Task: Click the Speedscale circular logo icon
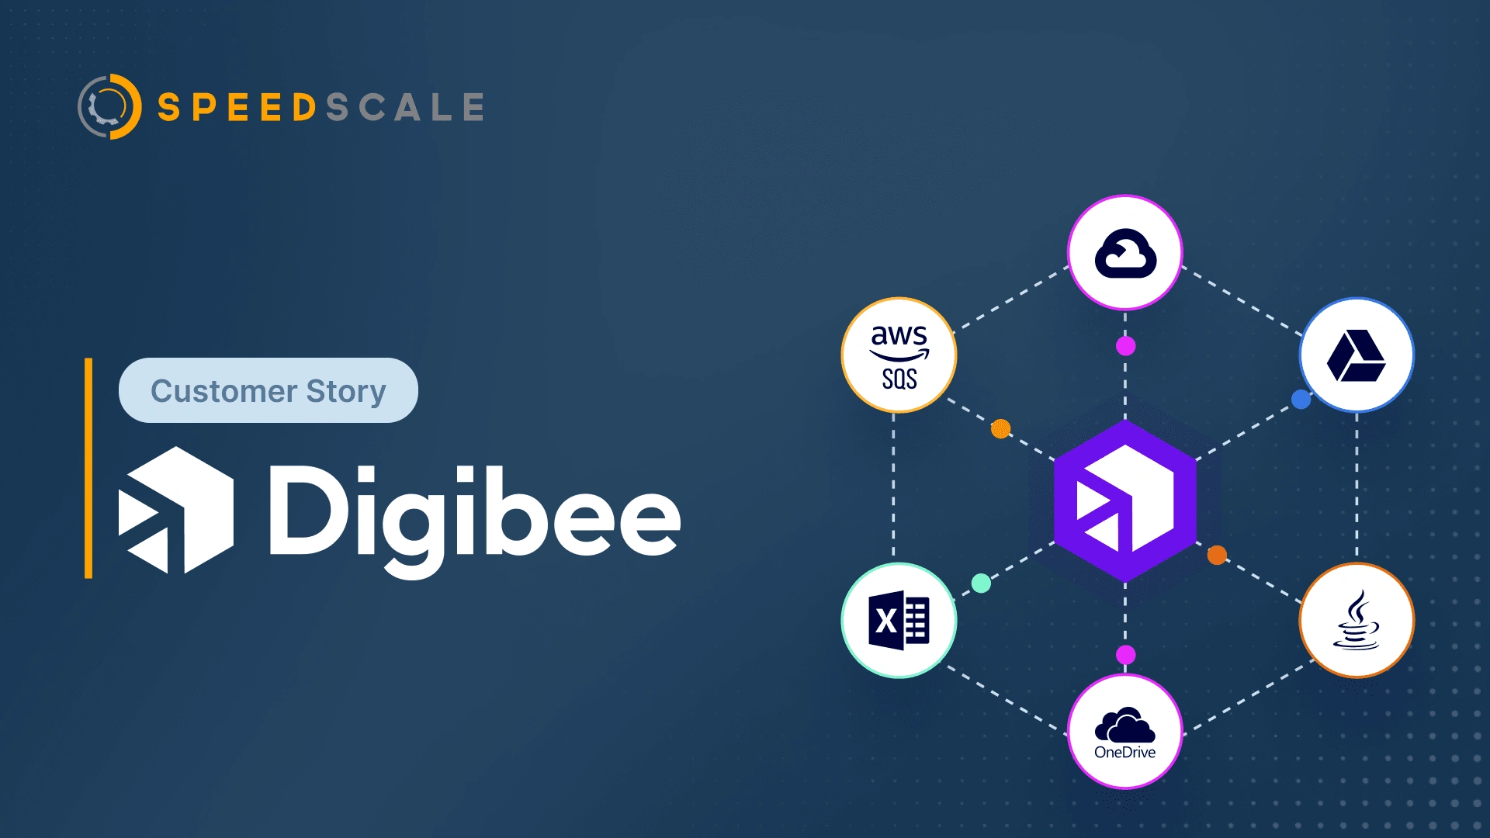coord(109,106)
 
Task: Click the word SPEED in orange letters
coord(237,107)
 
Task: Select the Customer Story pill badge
coord(269,390)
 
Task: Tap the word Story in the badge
coord(346,392)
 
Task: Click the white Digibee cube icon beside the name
coord(176,510)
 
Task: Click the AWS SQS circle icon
coord(899,355)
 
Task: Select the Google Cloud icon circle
coord(1125,252)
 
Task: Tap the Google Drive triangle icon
coord(1357,355)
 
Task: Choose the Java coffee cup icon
coord(1357,620)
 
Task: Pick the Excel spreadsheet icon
coord(899,620)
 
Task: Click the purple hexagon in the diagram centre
coord(1125,501)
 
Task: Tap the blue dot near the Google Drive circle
coord(1301,400)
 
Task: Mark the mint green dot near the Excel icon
coord(981,583)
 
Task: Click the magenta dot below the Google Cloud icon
coord(1125,346)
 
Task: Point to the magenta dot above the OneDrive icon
coord(1125,655)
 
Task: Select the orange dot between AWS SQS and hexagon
coord(1001,428)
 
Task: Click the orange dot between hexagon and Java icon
coord(1217,555)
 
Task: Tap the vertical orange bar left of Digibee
coord(88,468)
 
